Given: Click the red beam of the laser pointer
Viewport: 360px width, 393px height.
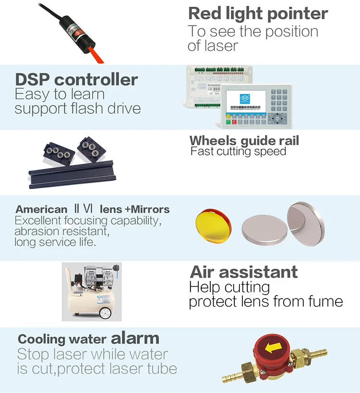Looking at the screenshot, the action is click(96, 54).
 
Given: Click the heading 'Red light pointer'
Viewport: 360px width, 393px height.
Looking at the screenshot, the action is click(258, 14).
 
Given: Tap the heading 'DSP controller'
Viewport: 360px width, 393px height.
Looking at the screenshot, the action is click(76, 80).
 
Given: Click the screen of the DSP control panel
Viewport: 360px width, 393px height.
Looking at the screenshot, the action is click(246, 101).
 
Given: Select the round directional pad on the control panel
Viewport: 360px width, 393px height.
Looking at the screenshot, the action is click(277, 118).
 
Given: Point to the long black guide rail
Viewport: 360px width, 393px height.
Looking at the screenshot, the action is click(72, 175).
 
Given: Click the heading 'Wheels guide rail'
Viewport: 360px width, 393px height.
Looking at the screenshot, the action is click(244, 141).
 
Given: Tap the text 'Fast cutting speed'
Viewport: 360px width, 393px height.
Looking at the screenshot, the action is click(238, 152).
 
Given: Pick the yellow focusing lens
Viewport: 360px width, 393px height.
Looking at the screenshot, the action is click(213, 226).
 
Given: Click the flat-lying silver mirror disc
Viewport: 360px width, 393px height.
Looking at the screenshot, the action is click(264, 230).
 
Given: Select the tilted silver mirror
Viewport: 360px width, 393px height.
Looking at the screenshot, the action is click(306, 224).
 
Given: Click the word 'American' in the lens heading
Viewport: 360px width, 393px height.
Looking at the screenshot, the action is click(41, 209).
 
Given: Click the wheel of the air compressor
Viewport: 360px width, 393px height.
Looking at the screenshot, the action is click(105, 313).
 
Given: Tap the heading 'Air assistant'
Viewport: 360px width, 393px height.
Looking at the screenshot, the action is click(244, 272).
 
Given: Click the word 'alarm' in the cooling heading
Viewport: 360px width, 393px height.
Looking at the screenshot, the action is click(135, 338).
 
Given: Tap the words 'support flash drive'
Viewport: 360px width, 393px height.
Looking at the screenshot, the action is click(78, 109).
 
